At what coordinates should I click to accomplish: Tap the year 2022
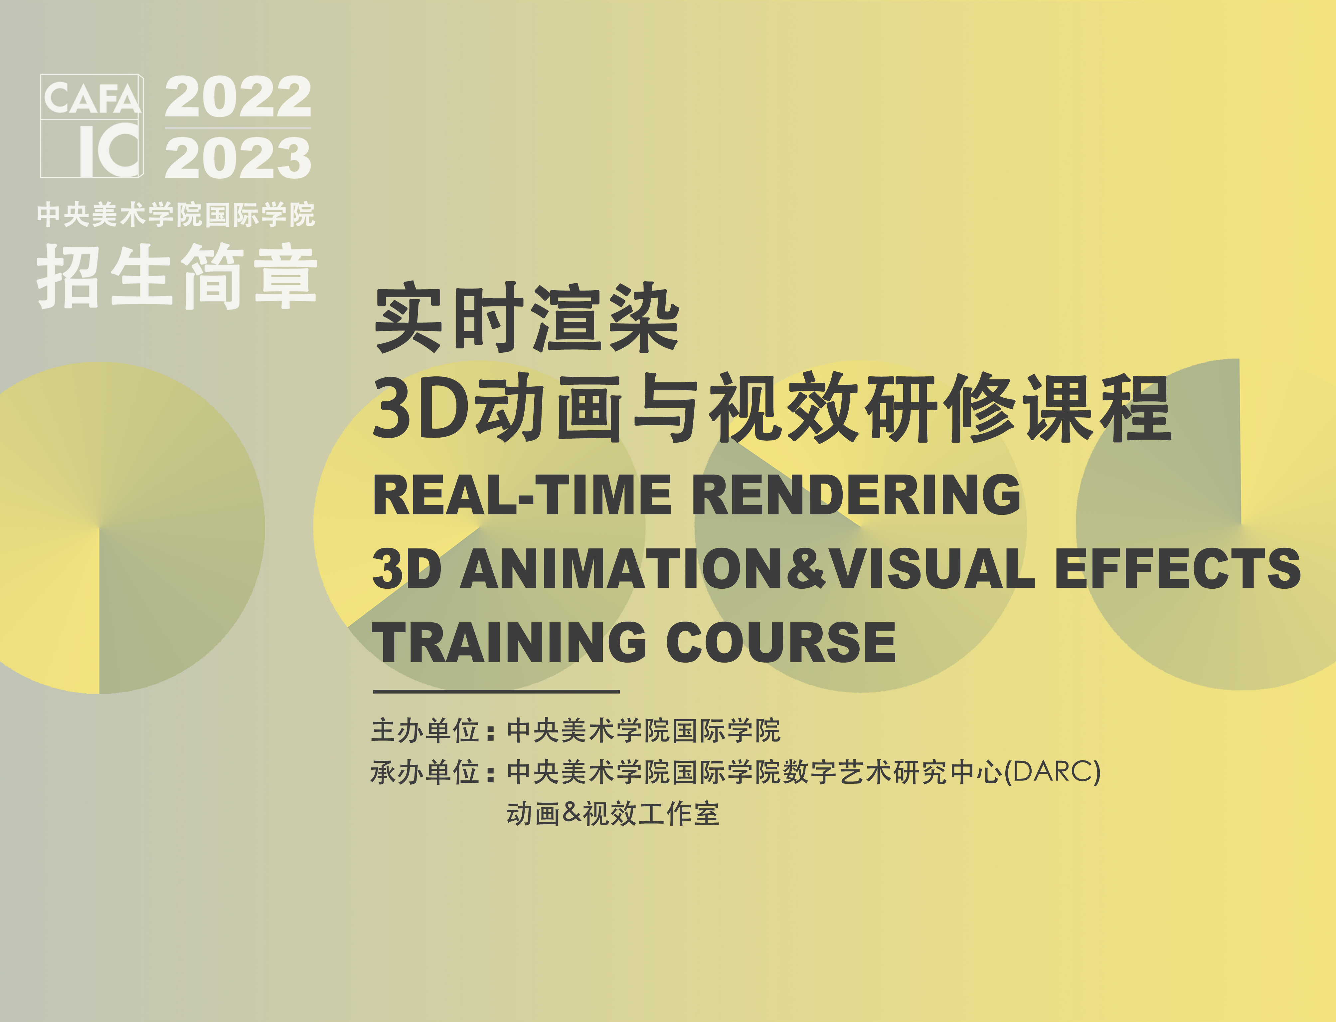238,97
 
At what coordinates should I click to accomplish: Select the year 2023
238,157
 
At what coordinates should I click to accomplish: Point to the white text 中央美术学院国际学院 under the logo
176,215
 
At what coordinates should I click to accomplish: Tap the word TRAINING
510,642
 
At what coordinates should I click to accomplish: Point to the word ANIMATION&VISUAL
748,568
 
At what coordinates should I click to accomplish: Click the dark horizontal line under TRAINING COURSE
496,692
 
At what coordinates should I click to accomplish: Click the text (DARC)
1053,773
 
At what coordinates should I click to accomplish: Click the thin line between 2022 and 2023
238,128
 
